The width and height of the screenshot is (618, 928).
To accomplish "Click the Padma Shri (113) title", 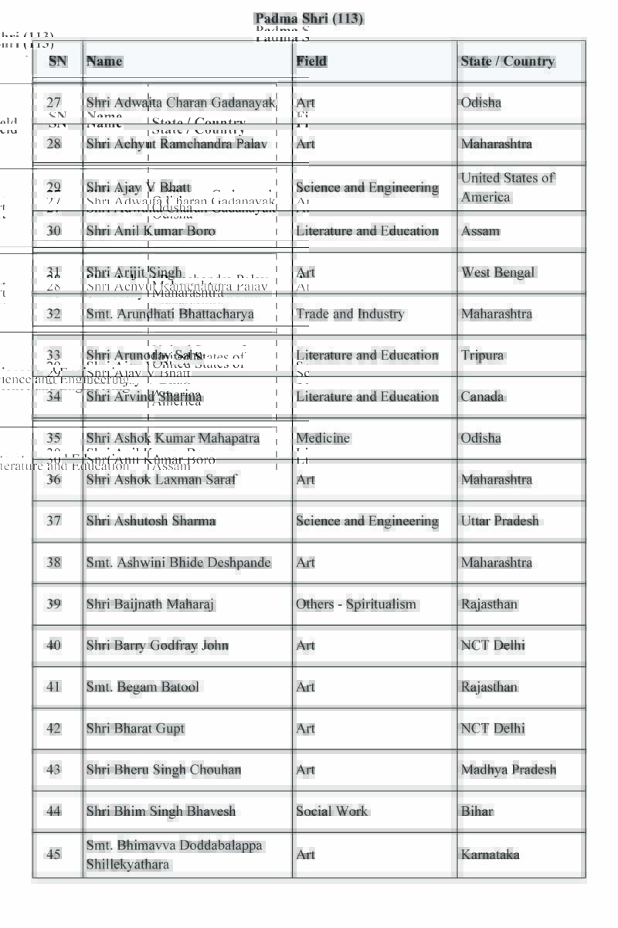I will point(308,19).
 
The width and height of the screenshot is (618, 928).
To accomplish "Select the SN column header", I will point(58,61).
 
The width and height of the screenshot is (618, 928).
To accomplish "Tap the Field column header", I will point(311,61).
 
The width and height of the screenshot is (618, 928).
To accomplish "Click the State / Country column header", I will point(508,61).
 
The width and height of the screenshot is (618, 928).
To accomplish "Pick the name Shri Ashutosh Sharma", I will point(151,521).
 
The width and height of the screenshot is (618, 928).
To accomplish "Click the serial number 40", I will point(53,645).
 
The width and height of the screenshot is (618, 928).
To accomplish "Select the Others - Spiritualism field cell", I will point(355,604).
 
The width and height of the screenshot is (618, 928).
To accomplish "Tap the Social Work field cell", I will point(331,811).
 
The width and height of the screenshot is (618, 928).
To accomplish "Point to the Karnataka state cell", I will point(490,855).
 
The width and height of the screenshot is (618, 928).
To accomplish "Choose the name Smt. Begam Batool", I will point(142,687).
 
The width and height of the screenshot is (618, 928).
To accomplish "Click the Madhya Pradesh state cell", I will point(508,770).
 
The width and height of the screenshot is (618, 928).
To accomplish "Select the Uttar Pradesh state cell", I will point(500,521).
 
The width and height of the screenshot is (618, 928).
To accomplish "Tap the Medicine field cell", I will point(322,438).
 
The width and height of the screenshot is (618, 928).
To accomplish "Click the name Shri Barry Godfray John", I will point(157,645).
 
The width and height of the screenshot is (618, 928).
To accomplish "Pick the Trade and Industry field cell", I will point(349,314).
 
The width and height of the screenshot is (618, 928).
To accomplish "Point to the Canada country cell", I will point(482,396).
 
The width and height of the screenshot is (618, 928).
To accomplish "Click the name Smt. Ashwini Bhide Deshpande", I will point(178,563).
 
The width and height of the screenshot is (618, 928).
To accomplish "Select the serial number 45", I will point(53,855).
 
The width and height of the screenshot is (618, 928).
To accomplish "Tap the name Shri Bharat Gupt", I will point(135,729).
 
